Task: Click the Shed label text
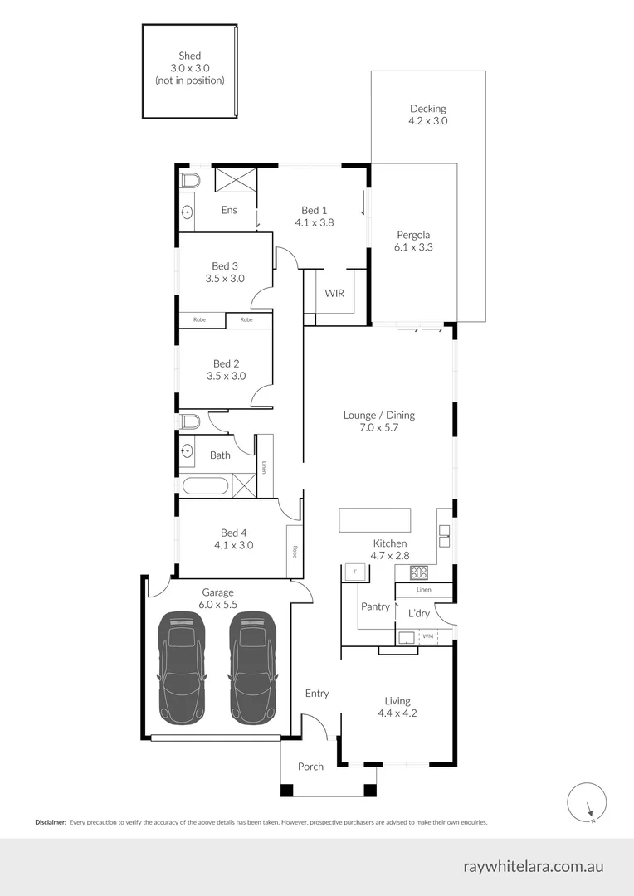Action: [x=189, y=56]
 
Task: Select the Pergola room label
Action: [x=412, y=235]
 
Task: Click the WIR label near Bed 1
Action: [x=334, y=294]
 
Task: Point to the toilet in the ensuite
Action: [x=189, y=181]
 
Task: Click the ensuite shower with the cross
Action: [x=235, y=180]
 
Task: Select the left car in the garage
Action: [x=182, y=666]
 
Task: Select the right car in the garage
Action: [x=252, y=666]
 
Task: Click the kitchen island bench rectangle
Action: [x=374, y=520]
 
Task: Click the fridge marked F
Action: [x=355, y=572]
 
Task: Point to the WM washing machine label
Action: [x=428, y=636]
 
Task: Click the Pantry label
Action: [x=375, y=606]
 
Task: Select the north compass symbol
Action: [x=587, y=802]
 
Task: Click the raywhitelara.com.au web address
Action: [x=533, y=866]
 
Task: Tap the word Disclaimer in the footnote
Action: [x=50, y=822]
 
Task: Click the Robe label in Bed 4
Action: [x=295, y=550]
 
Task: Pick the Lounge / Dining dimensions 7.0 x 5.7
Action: [x=378, y=428]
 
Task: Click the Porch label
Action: [x=310, y=767]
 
